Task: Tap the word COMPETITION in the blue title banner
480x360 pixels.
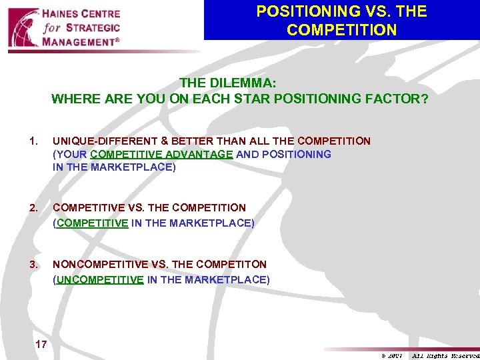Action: [x=341, y=30]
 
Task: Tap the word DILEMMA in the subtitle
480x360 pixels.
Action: [x=247, y=84]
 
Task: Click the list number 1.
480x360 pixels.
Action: [x=33, y=141]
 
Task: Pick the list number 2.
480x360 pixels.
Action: [x=33, y=207]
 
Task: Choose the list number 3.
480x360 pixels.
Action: [x=33, y=264]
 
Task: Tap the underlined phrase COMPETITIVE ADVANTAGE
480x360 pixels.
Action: [x=161, y=154]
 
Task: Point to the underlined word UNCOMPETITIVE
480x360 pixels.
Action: [x=100, y=280]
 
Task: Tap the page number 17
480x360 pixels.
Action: [x=41, y=345]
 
